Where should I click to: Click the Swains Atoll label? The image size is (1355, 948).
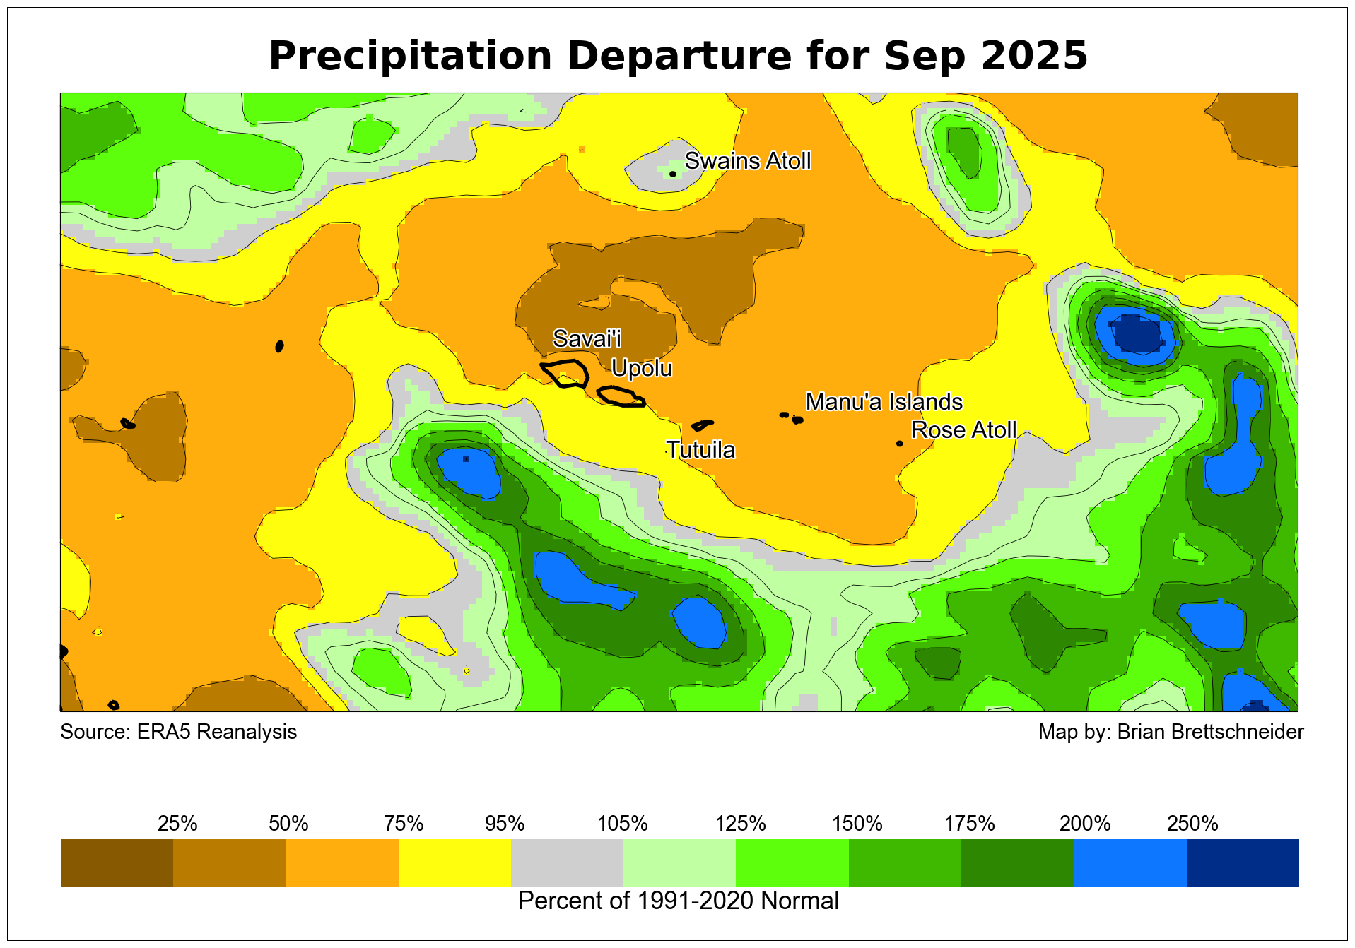747,161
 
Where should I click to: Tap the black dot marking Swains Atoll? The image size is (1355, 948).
672,174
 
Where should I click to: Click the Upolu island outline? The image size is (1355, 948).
621,396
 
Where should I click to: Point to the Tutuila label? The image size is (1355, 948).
700,450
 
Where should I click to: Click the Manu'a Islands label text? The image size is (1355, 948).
884,402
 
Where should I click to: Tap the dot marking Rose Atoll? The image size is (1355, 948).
899,444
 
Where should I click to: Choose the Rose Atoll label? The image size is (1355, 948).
963,429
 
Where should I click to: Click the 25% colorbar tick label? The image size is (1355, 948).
177,824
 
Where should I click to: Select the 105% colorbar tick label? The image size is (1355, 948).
623,824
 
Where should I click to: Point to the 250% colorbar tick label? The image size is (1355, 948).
1192,824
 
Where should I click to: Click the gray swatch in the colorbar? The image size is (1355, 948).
567,863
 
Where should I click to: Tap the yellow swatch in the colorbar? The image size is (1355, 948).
454,863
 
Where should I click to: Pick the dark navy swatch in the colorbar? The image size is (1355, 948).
1242,863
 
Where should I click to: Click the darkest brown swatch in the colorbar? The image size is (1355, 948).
117,863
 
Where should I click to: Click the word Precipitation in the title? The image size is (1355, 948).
410,56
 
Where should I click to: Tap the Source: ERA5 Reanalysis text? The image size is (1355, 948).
178,732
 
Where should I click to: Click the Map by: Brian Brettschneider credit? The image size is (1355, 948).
1171,732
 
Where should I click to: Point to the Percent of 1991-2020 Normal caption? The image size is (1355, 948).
678,901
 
